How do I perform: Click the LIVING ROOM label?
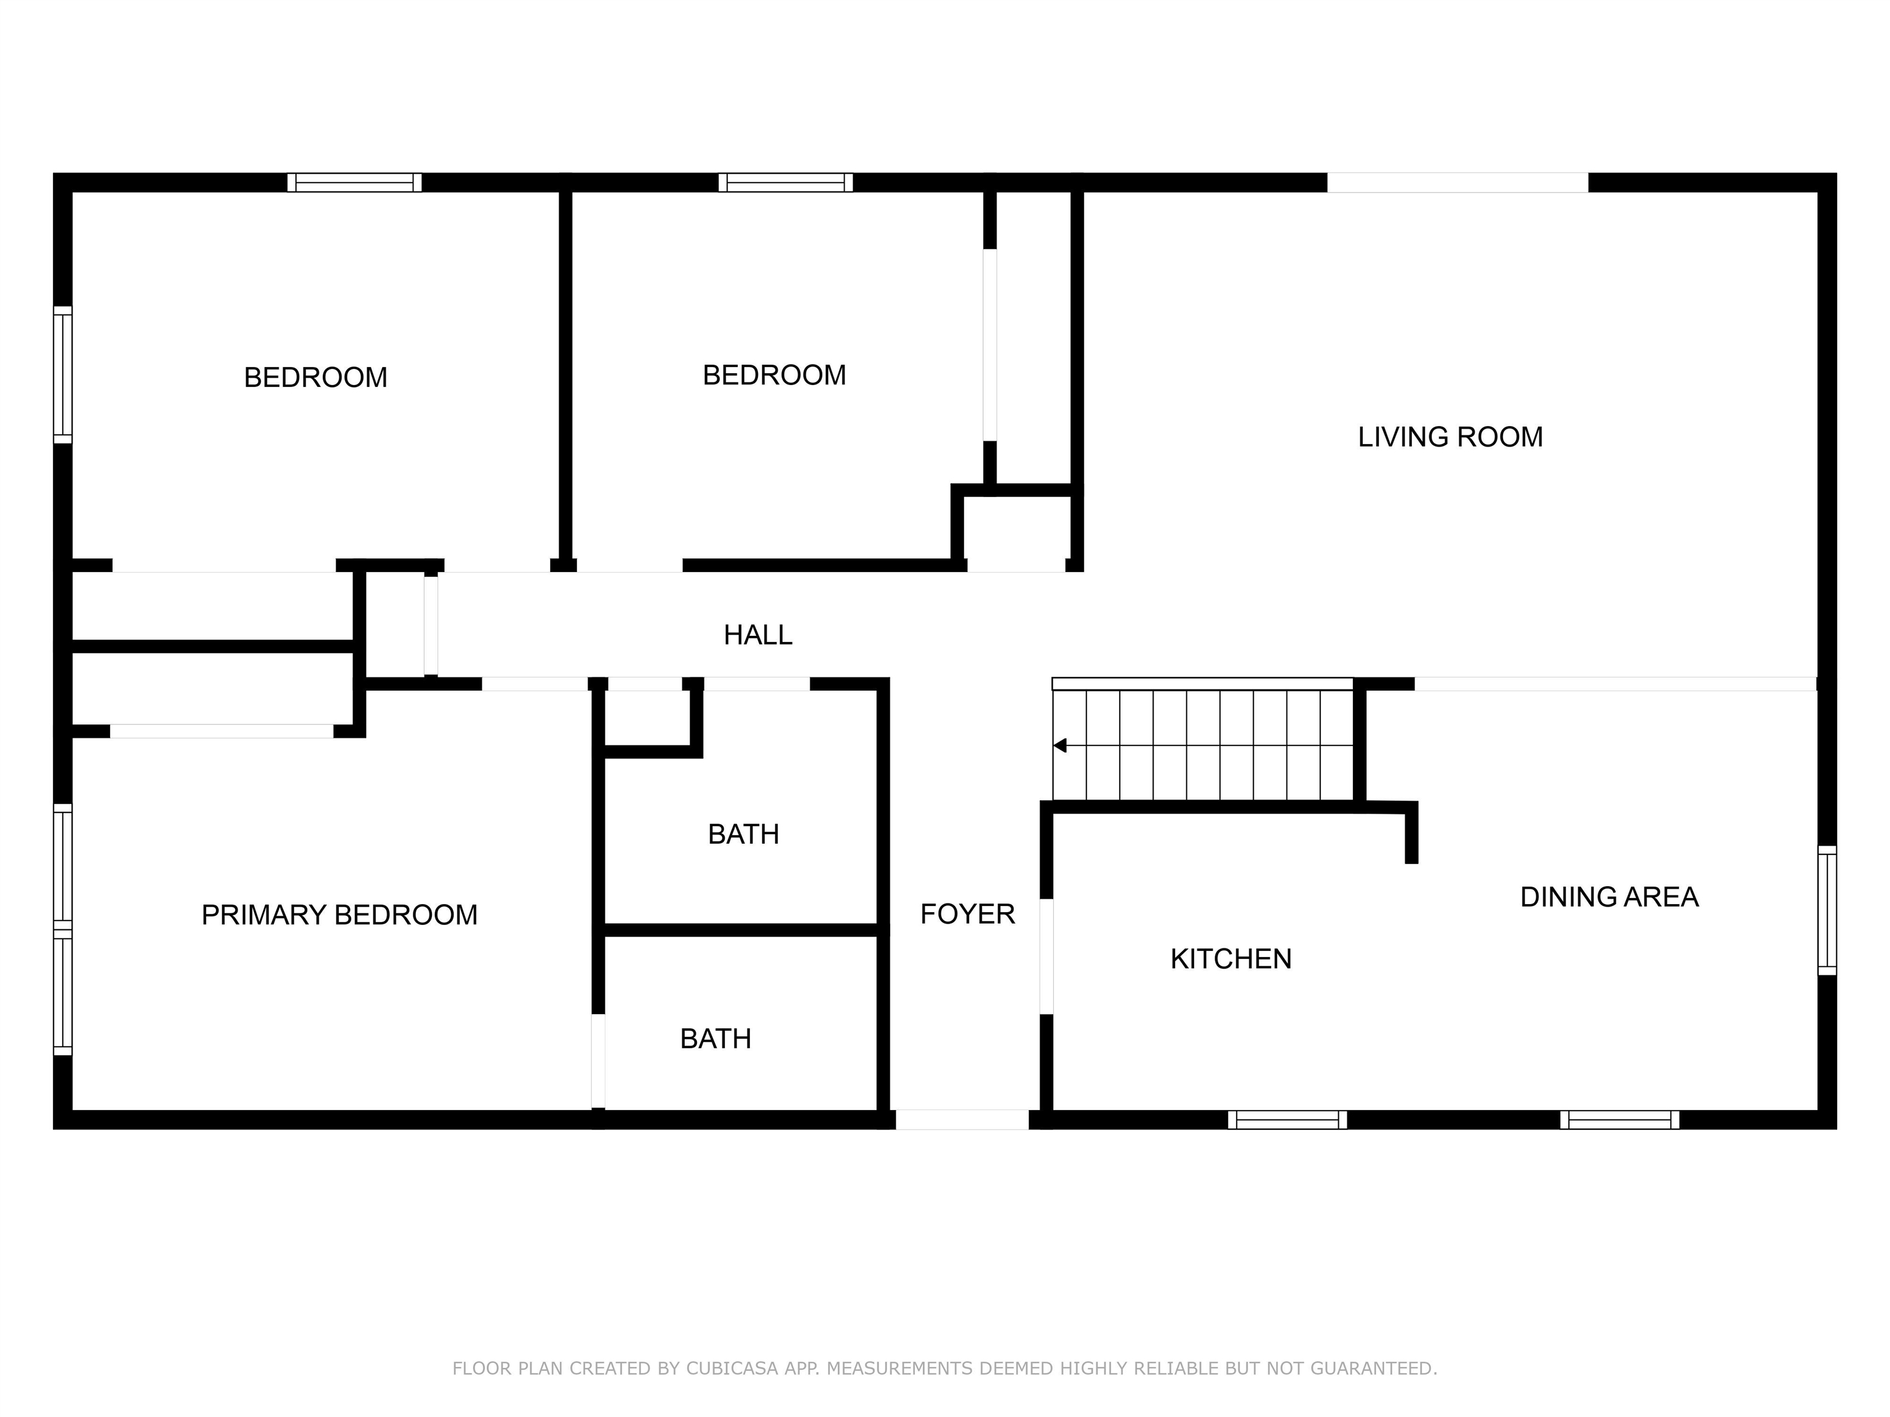coord(1450,437)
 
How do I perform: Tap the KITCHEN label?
coord(1230,959)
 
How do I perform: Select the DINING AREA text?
coord(1609,897)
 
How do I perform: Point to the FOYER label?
coord(967,915)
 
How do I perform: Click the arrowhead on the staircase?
coord(1060,745)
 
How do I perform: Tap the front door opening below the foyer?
coord(962,1120)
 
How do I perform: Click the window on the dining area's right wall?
coord(1826,910)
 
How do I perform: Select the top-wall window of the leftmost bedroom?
coord(354,183)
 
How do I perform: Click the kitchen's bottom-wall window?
coord(1287,1120)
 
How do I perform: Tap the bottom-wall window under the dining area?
coord(1619,1120)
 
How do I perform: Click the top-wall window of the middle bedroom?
coord(785,183)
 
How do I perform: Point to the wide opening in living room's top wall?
coord(1457,183)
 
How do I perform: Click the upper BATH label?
coord(743,835)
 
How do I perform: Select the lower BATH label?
coord(715,1039)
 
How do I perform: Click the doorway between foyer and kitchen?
coord(1046,956)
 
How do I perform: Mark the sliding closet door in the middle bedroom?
coord(989,345)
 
